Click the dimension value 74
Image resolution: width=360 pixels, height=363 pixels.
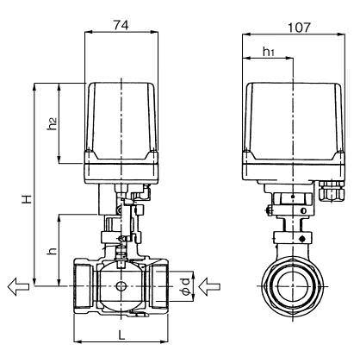[121, 26]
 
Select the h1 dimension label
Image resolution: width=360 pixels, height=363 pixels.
[267, 53]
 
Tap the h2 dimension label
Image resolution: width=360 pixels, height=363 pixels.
[52, 122]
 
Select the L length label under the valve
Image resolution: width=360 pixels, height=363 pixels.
[121, 333]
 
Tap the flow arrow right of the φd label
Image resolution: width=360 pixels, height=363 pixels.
[213, 285]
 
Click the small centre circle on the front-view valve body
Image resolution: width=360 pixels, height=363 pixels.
[121, 287]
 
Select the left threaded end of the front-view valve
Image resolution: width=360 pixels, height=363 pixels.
[84, 285]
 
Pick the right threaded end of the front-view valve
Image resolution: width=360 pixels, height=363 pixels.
[158, 285]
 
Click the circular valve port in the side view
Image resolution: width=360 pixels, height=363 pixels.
[293, 286]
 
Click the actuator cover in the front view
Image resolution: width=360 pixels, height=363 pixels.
[121, 116]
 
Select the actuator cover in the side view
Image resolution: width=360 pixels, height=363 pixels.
[291, 116]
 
